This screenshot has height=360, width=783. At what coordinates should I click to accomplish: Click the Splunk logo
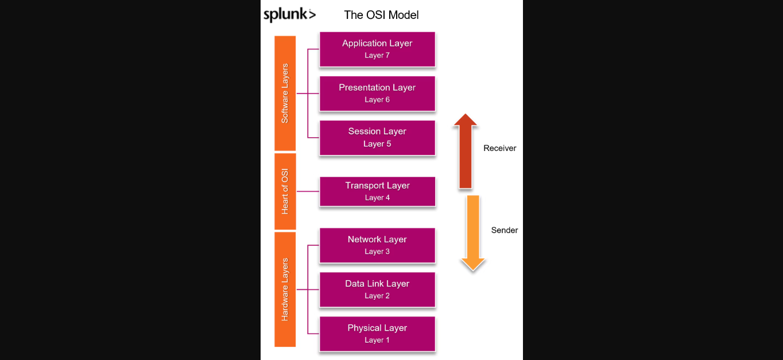[289, 15]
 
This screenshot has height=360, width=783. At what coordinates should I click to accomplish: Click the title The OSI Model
[381, 15]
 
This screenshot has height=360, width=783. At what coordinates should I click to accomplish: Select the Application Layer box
[377, 49]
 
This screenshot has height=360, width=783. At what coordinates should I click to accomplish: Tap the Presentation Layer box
[377, 94]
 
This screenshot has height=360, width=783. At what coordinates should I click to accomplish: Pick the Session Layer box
[377, 138]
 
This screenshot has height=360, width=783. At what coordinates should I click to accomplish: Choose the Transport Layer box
[377, 191]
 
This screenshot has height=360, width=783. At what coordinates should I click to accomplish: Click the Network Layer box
[377, 245]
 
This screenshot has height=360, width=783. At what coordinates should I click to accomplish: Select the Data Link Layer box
[377, 289]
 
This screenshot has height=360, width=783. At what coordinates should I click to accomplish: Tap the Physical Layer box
[377, 334]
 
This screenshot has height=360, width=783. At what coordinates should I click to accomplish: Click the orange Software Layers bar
[285, 93]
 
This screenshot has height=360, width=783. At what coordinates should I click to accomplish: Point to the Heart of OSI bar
[285, 191]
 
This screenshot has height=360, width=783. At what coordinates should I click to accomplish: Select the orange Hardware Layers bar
[285, 289]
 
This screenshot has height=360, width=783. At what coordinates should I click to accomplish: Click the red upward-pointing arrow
[465, 150]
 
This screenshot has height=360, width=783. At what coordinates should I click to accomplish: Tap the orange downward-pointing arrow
[473, 233]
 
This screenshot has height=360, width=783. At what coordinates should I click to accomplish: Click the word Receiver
[499, 148]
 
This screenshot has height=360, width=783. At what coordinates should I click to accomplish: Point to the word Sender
[505, 230]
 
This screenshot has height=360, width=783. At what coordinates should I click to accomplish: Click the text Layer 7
[377, 56]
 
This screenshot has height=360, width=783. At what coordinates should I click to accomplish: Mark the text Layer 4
[377, 198]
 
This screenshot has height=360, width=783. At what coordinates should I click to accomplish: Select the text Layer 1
[377, 340]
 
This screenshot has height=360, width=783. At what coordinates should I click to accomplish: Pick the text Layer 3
[377, 252]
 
